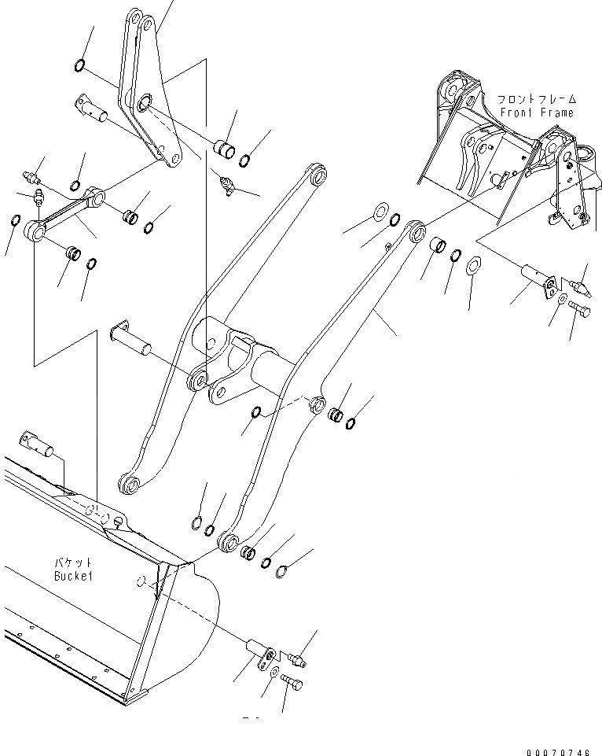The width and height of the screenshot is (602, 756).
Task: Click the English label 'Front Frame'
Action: pos(538,112)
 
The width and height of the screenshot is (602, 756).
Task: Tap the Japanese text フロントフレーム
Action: pos(537,100)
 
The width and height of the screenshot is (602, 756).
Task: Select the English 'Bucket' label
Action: pos(74,575)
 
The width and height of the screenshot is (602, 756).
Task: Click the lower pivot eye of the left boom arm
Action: pos(131,485)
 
